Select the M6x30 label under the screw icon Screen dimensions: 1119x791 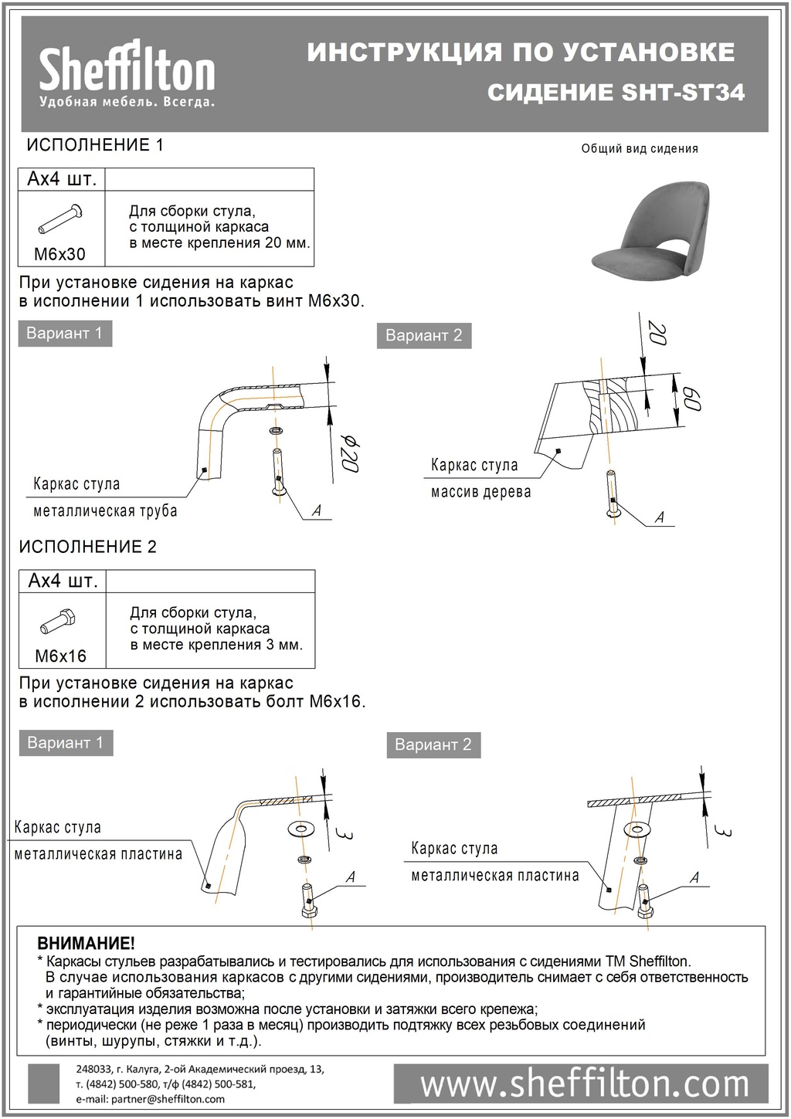(x=60, y=253)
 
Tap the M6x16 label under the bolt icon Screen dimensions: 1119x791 (x=61, y=656)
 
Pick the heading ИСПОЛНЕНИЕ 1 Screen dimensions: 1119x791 (x=95, y=145)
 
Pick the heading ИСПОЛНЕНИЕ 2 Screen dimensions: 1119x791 (x=87, y=547)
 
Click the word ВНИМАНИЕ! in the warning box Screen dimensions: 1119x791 (x=86, y=944)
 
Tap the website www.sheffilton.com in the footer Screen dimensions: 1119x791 (x=584, y=1084)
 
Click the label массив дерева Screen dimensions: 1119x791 (x=480, y=492)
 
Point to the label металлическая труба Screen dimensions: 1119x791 (x=105, y=510)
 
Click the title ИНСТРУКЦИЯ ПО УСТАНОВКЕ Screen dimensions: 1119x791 (x=521, y=53)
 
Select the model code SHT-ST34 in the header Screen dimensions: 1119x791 (x=683, y=93)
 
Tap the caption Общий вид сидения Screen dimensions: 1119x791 (x=640, y=149)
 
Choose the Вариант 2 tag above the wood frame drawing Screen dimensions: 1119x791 (x=423, y=336)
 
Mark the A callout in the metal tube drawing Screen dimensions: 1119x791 (x=316, y=510)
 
